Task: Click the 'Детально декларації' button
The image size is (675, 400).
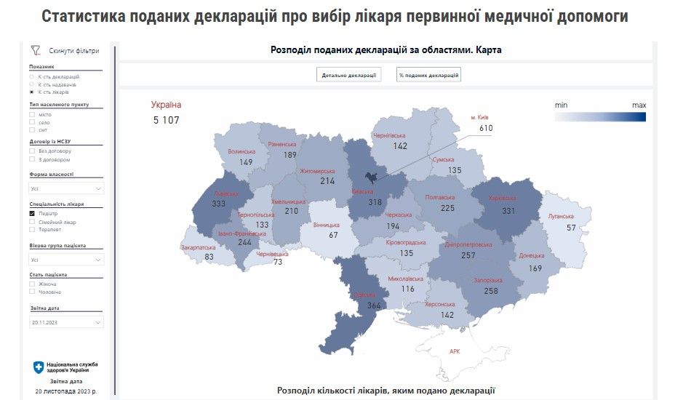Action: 348,74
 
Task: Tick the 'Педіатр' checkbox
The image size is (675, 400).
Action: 32,214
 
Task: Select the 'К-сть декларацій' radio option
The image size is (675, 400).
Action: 31,76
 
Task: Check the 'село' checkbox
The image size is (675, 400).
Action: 32,122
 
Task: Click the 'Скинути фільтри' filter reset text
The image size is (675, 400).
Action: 73,51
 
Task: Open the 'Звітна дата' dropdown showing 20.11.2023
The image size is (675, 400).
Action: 66,321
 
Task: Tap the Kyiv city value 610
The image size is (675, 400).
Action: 486,128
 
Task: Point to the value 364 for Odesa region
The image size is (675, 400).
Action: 374,306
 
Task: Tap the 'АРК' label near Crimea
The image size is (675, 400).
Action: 455,351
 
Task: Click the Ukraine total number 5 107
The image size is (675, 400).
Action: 166,120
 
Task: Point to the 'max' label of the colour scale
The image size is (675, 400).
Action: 639,105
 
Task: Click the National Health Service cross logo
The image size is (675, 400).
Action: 39,367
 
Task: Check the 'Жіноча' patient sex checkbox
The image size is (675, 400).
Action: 32,284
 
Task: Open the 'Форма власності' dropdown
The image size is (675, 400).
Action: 66,188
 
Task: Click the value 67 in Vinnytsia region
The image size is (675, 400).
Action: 334,235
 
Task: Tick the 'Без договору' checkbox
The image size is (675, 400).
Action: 32,151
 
